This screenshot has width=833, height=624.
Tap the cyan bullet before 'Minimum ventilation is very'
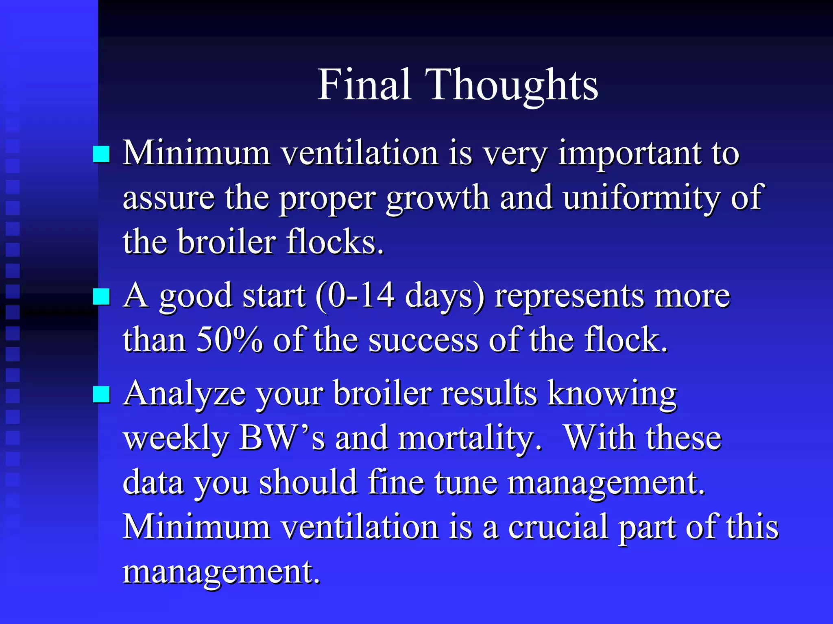click(x=101, y=155)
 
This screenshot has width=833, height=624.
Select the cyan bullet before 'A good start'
click(x=101, y=297)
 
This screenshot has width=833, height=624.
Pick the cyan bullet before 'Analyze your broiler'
click(x=101, y=394)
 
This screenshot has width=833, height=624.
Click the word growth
click(x=438, y=198)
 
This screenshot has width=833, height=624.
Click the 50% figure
click(x=229, y=340)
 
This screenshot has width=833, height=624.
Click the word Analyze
click(x=185, y=394)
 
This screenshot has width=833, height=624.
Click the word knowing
click(x=612, y=394)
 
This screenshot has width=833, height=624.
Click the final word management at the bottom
click(x=221, y=572)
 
